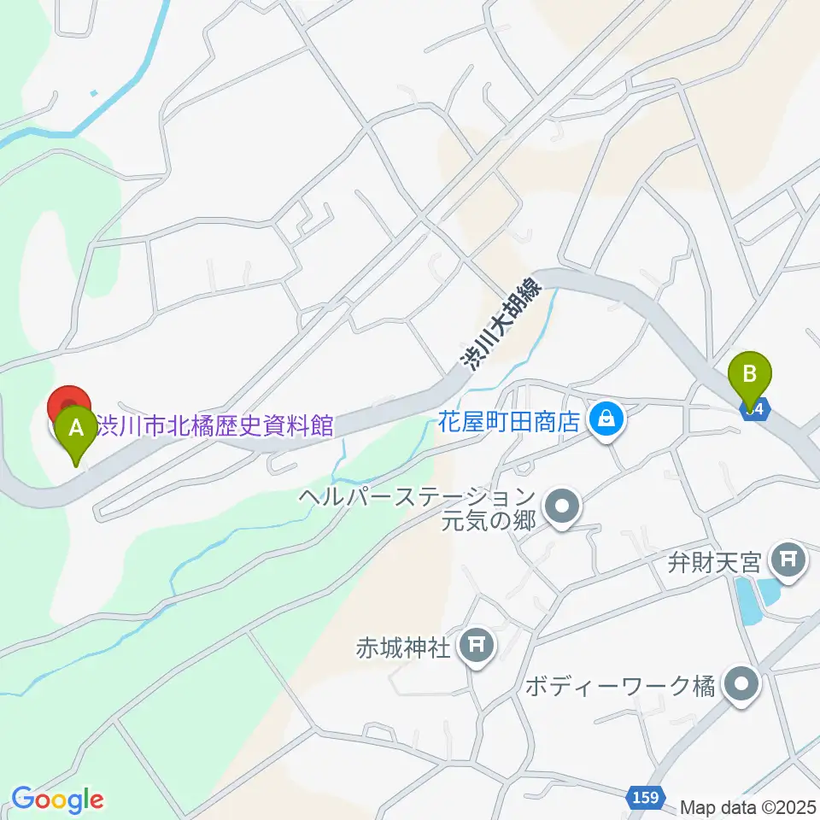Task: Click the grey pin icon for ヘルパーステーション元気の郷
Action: [562, 507]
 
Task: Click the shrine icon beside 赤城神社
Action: [475, 646]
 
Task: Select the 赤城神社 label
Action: [402, 647]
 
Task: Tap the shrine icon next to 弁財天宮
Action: [784, 560]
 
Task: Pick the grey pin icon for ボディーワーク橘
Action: [739, 685]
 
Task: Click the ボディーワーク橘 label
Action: [619, 686]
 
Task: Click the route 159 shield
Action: [647, 797]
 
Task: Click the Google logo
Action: [58, 799]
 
